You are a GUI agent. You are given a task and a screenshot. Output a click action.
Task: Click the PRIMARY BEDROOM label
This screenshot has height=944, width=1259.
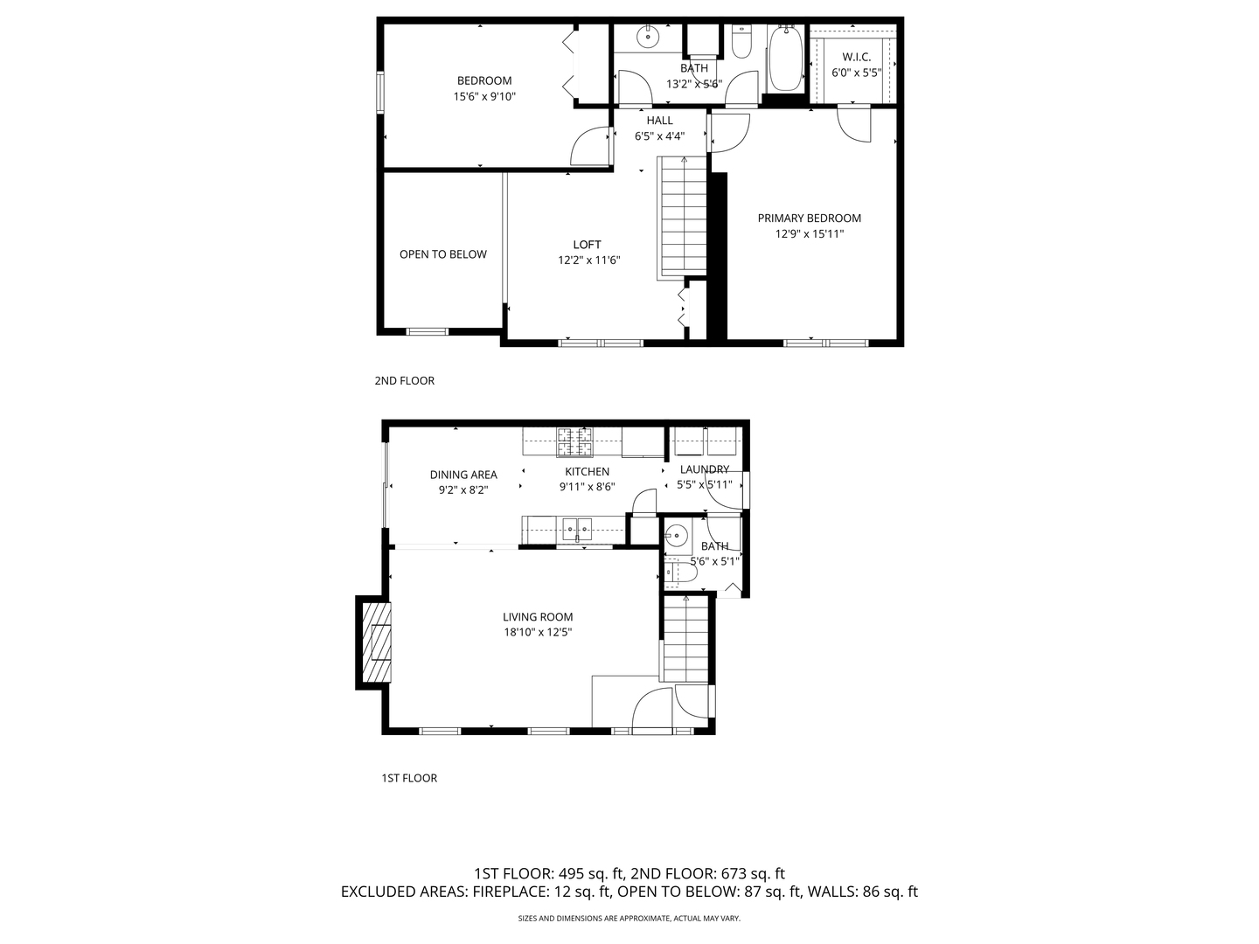coord(809,219)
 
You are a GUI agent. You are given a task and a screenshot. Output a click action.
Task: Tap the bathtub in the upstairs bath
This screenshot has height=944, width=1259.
coord(786,58)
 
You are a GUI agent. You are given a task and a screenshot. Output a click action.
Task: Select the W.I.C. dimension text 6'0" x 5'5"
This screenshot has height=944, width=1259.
coord(856,73)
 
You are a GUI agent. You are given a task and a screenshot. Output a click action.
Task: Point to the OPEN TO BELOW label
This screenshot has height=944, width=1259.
coord(442,254)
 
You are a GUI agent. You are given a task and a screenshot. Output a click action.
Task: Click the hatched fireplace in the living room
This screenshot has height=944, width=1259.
coord(376,642)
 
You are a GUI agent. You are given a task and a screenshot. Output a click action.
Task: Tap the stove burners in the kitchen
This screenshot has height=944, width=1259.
coord(574,442)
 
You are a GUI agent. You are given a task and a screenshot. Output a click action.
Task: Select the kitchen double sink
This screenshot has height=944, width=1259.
coord(576,529)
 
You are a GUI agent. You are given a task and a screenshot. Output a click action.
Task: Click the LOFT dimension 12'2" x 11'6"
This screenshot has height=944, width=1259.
coord(589,260)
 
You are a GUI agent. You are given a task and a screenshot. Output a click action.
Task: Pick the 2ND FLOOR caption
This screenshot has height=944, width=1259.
coord(405,380)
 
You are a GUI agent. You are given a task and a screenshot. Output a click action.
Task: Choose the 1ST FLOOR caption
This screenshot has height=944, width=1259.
coord(409,778)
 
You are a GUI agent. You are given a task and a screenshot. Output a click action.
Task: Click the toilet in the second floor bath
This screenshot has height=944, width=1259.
coord(741,41)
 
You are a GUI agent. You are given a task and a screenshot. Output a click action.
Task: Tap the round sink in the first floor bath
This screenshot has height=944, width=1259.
coord(676,537)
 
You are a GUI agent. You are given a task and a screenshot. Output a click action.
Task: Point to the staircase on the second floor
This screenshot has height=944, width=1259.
coord(683,217)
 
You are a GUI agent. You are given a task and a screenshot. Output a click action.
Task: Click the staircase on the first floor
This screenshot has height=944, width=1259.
coord(685,639)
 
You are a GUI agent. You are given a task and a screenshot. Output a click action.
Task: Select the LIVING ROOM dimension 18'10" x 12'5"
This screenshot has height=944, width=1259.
coord(538,632)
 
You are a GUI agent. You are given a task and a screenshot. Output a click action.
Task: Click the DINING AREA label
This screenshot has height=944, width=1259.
coord(463,475)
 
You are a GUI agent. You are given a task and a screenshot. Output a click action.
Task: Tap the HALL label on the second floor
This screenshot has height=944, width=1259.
coord(659,121)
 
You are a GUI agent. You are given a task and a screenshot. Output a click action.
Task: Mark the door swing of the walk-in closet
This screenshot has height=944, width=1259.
coord(854,124)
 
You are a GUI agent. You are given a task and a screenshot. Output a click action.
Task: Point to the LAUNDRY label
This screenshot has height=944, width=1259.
coord(705,469)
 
